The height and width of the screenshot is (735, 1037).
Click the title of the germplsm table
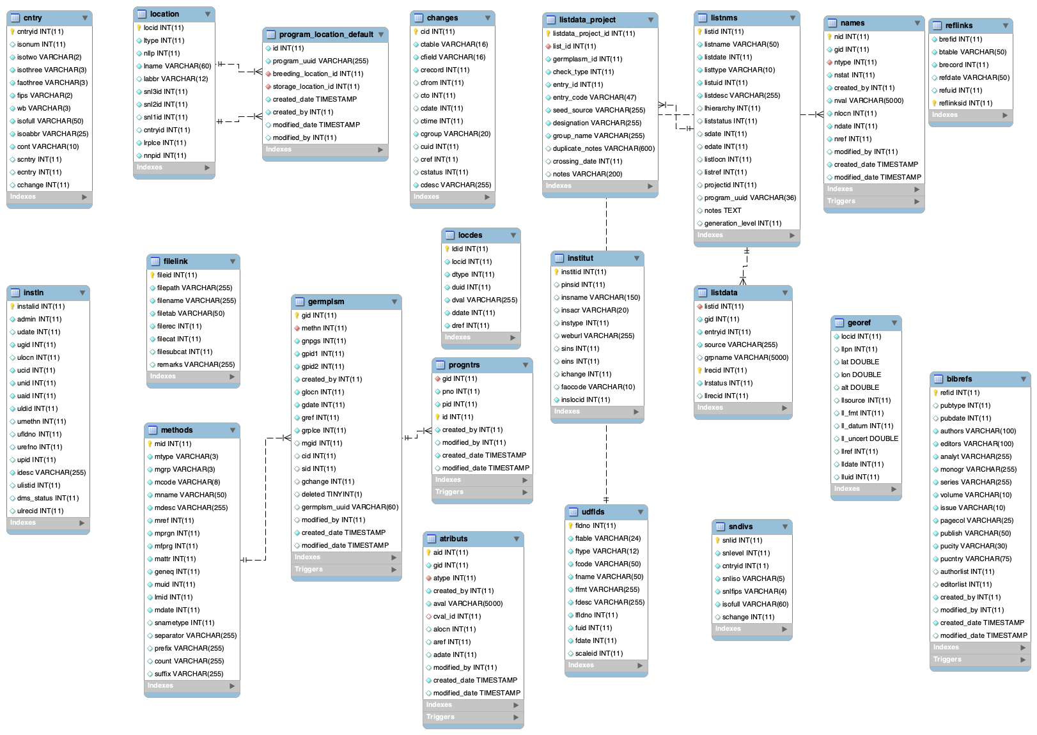(x=325, y=302)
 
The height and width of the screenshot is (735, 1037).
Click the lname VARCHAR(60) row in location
(x=177, y=66)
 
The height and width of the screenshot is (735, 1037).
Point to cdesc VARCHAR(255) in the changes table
(x=456, y=185)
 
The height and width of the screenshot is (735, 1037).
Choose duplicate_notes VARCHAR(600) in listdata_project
(x=604, y=148)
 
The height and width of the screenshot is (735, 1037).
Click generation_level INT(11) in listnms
(x=742, y=223)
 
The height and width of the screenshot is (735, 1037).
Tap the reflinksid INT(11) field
(x=965, y=103)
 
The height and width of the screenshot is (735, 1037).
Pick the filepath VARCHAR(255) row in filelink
(x=194, y=288)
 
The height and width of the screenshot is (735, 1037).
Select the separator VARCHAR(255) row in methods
(x=195, y=635)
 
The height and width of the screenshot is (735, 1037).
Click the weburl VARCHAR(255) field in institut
(x=597, y=336)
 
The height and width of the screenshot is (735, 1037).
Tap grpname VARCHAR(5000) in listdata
(x=746, y=357)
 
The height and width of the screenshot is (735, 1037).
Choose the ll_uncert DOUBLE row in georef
(x=869, y=438)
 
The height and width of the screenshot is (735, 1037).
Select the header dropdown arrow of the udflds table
(x=640, y=512)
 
